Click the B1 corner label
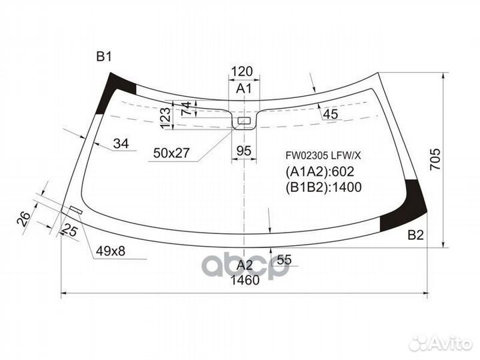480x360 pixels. pos(103,57)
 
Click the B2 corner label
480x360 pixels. pos(415,234)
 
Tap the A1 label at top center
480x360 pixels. pos(243,88)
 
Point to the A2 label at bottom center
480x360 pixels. pos(244,265)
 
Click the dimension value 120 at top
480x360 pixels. pos(243,72)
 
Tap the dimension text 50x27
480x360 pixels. pos(171,153)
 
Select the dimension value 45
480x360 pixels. pos(330,115)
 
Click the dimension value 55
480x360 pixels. pos(283,260)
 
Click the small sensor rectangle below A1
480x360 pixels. pos(245,121)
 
